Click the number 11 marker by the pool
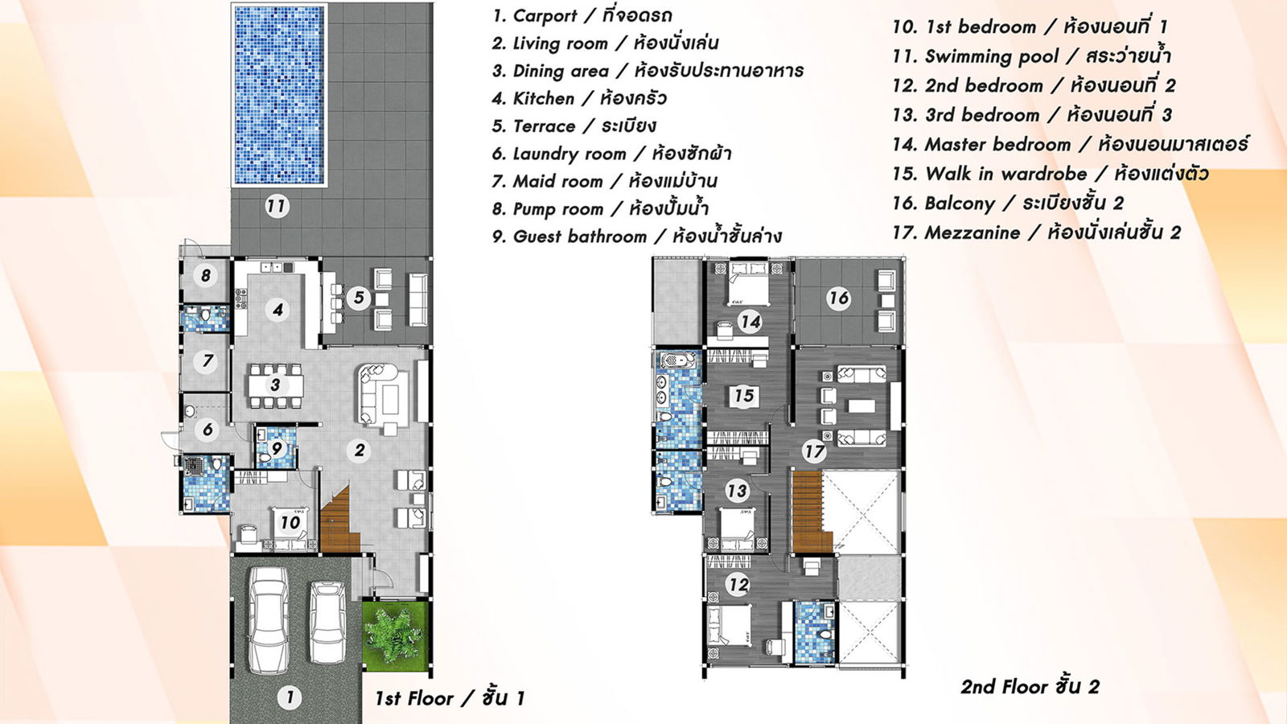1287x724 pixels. (277, 206)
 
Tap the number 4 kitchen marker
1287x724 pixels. (278, 311)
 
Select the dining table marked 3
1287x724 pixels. (276, 385)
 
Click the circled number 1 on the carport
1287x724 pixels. (290, 697)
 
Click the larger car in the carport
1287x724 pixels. (268, 620)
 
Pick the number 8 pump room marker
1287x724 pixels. (206, 276)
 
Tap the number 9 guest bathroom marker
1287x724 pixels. (277, 448)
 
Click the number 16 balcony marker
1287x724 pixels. (838, 298)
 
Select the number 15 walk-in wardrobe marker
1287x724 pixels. (744, 395)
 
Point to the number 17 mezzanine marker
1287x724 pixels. (814, 451)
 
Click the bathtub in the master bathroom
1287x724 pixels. (678, 361)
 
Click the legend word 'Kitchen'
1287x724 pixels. (543, 98)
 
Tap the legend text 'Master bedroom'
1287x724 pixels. (997, 144)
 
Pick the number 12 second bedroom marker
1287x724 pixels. (738, 584)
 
